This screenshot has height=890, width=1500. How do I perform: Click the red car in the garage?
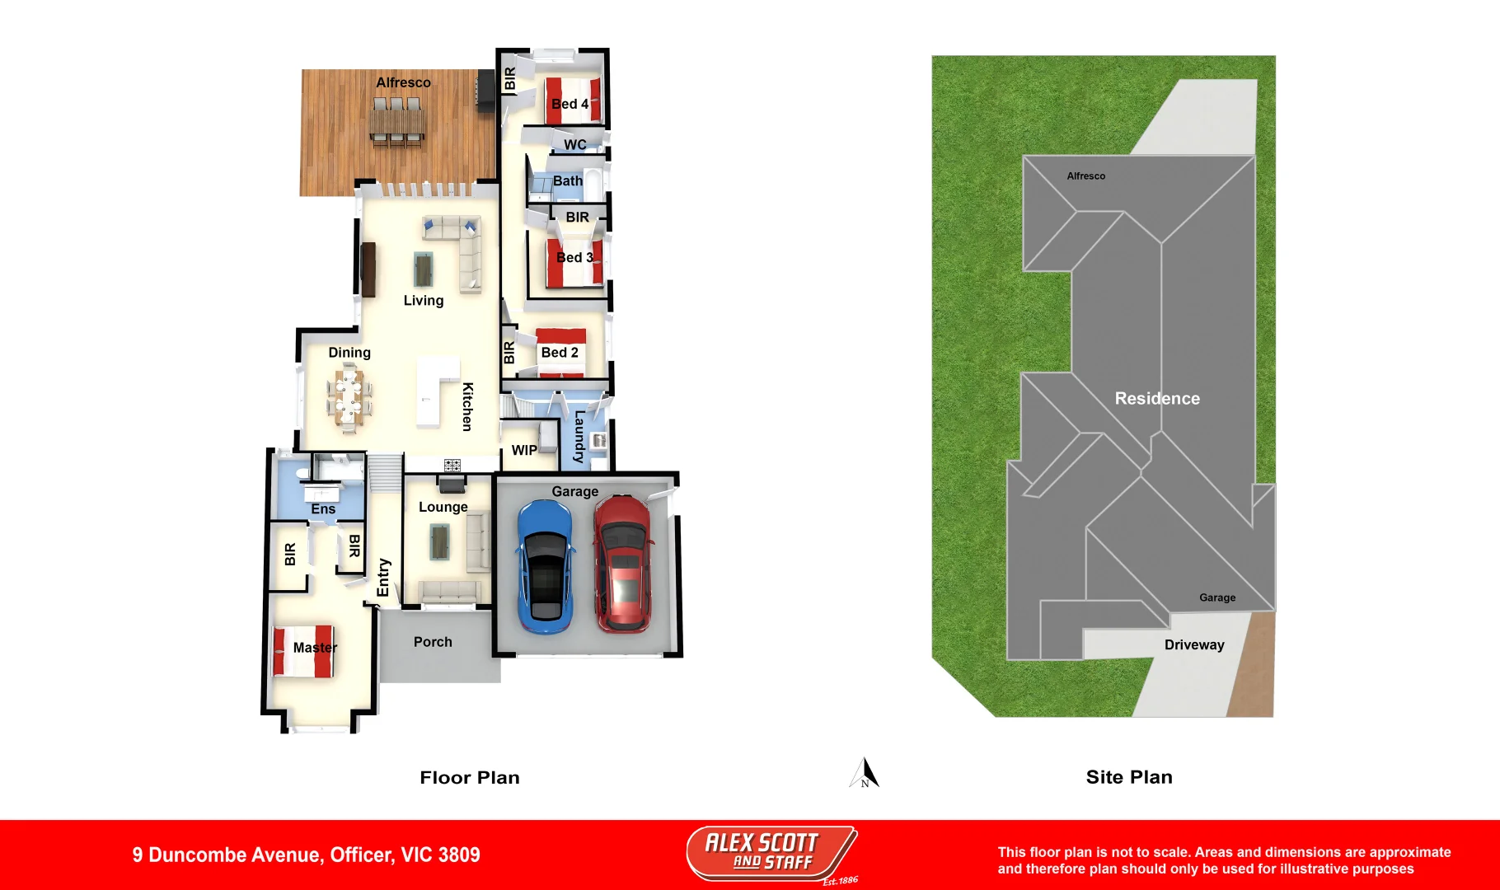point(623,564)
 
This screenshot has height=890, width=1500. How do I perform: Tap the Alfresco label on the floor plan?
point(403,82)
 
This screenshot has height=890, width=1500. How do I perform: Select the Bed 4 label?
point(570,104)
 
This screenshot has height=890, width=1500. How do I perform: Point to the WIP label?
point(524,450)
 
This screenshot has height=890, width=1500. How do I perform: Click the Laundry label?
point(579,437)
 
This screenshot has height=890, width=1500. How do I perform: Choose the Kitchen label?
point(467,406)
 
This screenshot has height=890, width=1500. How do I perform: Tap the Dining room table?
point(349,400)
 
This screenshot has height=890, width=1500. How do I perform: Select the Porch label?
point(433,642)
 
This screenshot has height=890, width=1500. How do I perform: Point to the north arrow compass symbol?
point(865,773)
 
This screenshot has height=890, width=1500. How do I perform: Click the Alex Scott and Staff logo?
point(771,854)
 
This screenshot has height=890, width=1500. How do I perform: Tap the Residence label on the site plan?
point(1157,399)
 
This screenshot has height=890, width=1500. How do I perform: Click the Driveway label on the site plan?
point(1194,645)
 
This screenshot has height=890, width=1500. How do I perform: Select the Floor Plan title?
point(470,778)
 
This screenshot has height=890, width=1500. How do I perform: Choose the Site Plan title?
point(1129,777)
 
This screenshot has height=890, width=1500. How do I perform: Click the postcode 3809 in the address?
point(459,855)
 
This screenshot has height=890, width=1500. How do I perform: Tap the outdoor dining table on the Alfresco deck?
point(397,124)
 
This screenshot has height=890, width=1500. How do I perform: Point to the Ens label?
point(323,509)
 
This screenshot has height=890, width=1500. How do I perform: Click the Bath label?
point(568,181)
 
